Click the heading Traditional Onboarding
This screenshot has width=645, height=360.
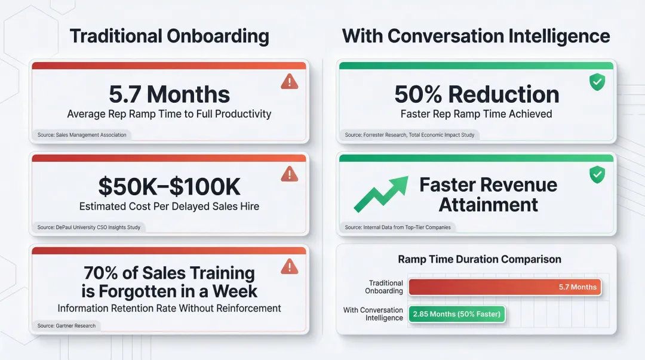[170, 36]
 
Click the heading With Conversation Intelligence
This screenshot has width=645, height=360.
[476, 36]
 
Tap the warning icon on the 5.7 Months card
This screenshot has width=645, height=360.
[289, 81]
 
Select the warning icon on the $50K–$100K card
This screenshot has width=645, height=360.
[289, 174]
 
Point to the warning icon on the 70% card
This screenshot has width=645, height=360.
[289, 266]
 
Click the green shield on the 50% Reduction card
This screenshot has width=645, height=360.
[597, 82]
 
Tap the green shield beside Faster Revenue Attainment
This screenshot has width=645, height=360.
[597, 174]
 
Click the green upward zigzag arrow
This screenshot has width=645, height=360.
[380, 193]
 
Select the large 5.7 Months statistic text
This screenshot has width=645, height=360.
[169, 94]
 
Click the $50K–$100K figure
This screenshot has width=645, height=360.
[169, 187]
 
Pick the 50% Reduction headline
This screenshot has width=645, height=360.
[477, 94]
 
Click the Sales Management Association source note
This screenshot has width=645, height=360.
[82, 135]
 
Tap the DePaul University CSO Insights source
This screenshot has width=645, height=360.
[89, 227]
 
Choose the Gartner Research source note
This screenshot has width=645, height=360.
[66, 325]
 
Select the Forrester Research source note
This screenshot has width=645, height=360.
[410, 135]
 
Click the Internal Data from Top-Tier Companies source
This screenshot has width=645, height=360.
[398, 227]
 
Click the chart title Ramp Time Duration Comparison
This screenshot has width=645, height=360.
[480, 260]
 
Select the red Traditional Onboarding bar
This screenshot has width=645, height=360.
[504, 287]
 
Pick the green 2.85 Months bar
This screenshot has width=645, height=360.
[456, 314]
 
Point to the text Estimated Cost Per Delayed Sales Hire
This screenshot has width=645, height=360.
[169, 207]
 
